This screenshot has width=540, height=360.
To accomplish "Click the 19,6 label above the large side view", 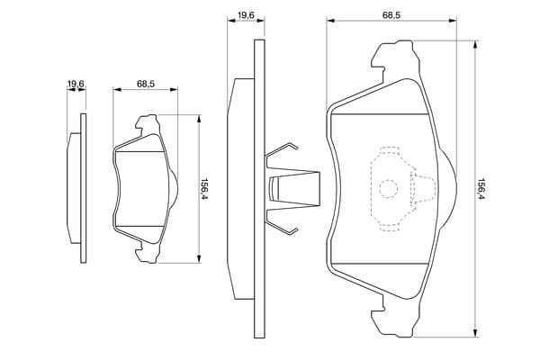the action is point(246,14).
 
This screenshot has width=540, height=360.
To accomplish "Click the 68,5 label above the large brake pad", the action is point(391,14).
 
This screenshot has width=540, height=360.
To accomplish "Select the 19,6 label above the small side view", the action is point(76,84).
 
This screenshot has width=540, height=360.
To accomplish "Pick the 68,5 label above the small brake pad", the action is point(146,84).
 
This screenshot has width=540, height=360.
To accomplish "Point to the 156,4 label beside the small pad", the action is point(204,189).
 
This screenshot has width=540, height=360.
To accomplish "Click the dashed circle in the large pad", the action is point(389,189).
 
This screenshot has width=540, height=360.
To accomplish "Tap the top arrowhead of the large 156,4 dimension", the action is point(475,45).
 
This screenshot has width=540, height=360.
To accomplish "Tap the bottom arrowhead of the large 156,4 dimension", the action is point(475,333).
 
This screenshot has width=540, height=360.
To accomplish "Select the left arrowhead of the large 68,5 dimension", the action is point(330,21).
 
